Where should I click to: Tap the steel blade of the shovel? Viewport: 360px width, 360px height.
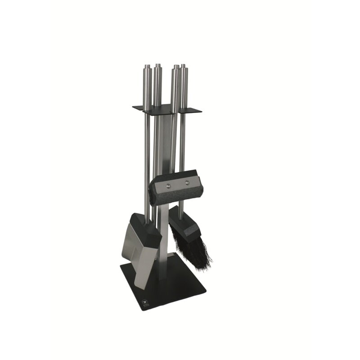[x=135, y=252]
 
